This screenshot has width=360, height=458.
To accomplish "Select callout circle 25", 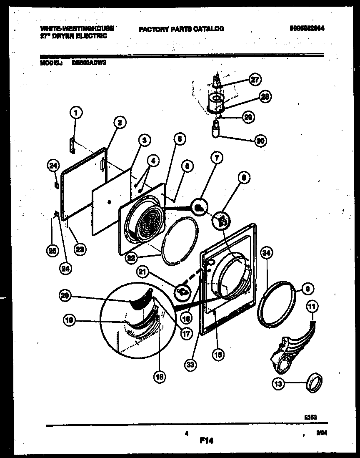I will (52, 251).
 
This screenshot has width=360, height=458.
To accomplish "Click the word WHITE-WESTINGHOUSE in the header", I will (77, 28).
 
